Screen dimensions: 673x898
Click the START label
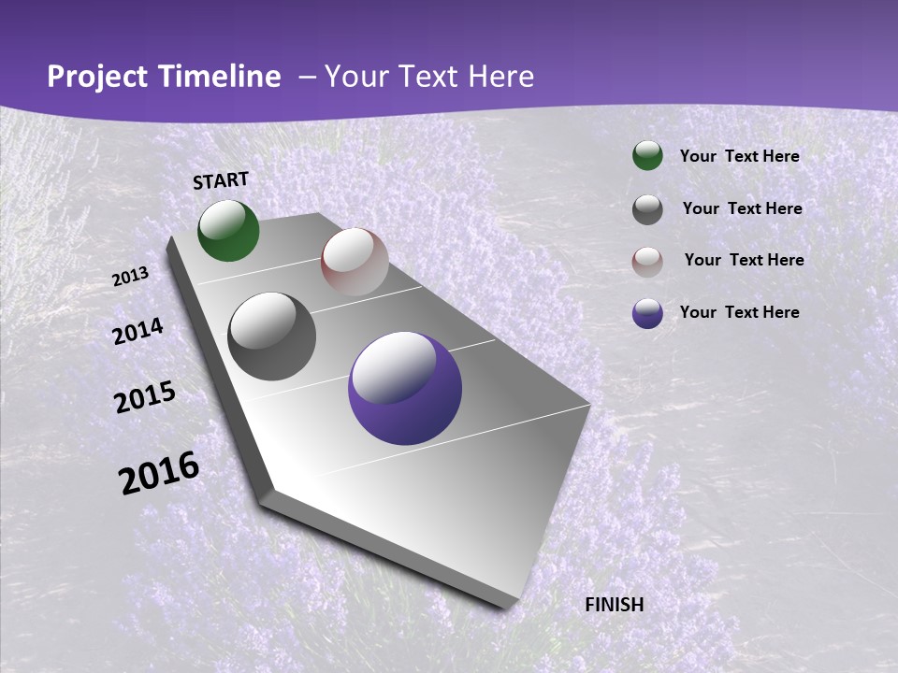[221, 180]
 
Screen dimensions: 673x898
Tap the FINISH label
[614, 605]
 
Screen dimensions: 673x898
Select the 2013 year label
[130, 277]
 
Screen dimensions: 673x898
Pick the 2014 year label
[138, 331]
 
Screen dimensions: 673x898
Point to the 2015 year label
[145, 397]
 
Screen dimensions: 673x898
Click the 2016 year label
[159, 473]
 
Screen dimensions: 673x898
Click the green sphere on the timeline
[228, 230]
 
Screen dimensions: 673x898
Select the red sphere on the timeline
[355, 262]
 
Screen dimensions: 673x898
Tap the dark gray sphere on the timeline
[272, 336]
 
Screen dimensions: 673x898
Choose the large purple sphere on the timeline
[405, 388]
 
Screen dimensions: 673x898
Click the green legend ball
[647, 155]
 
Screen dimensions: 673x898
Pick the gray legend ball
[647, 209]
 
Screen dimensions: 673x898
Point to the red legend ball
[647, 262]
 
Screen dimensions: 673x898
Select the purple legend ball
[647, 313]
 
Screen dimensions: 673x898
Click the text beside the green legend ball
[739, 156]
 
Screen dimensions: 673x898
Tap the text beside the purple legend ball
[739, 312]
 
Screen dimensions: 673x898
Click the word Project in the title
[97, 77]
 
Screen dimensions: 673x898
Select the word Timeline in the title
[221, 77]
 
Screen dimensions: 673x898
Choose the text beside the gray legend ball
[742, 208]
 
